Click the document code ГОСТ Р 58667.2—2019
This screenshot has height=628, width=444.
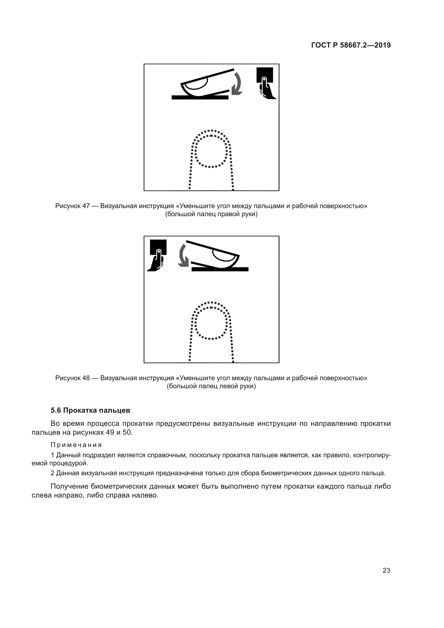pos(351,45)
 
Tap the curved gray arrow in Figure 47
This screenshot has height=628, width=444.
pos(237,84)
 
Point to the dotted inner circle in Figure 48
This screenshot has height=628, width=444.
pos(211,323)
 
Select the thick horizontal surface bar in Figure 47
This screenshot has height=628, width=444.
pos(200,97)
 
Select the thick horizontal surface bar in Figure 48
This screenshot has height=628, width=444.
pos(220,269)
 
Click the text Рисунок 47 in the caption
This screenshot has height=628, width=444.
pos(72,206)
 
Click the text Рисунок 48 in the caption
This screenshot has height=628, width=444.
pos(72,378)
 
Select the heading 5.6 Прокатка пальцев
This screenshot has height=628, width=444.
pos(90,410)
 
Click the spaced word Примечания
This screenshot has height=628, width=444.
pos(76,445)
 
